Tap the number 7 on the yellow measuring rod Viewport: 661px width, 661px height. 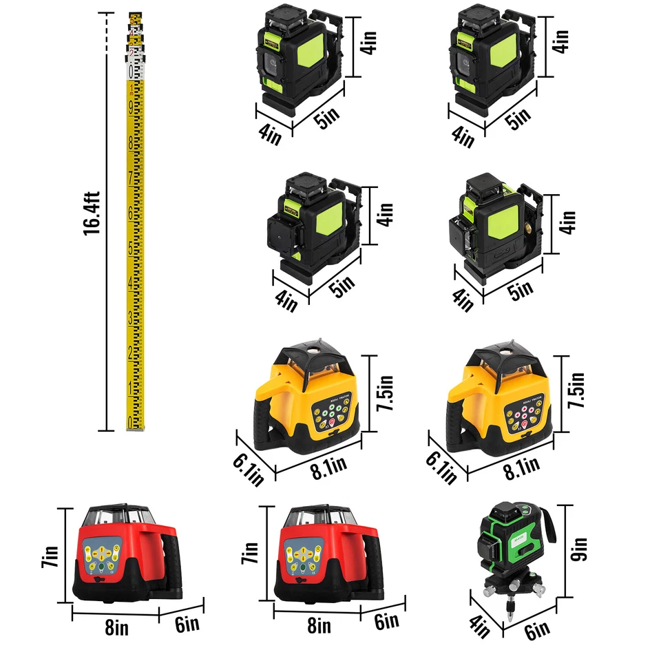[130, 178]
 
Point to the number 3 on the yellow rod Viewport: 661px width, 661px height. [130, 317]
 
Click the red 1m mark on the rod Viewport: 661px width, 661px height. [131, 88]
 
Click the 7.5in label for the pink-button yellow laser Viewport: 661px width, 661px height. [576, 390]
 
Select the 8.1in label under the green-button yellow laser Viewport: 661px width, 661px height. [328, 468]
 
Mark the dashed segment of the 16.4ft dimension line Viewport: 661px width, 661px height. [107, 30]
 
